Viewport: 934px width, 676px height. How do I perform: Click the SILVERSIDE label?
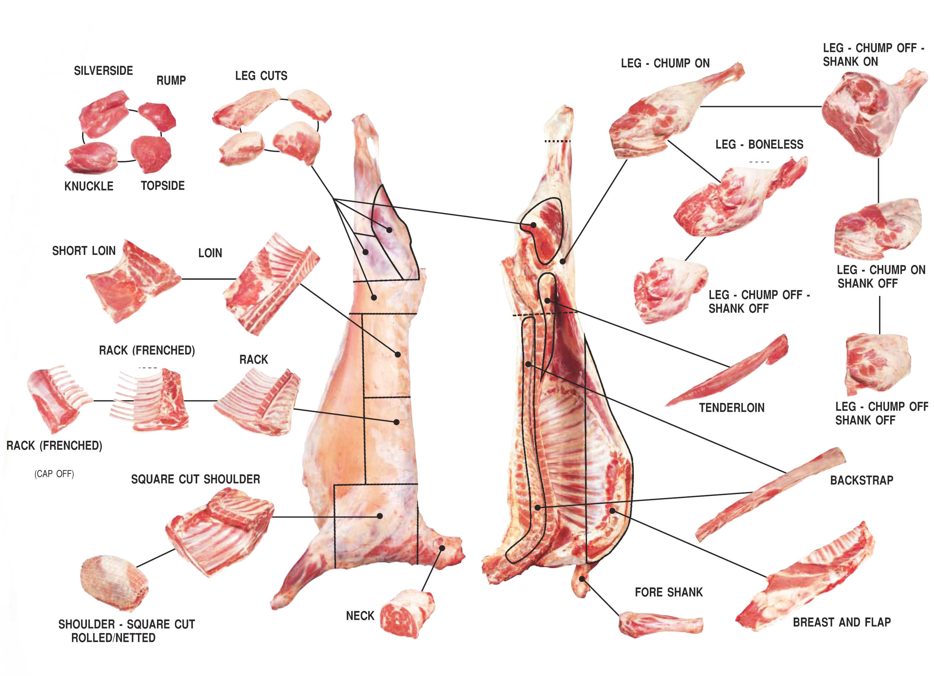click(103, 71)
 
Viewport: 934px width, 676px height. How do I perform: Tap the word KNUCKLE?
click(89, 186)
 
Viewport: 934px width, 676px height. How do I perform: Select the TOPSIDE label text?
click(163, 186)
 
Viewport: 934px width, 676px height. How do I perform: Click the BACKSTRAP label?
click(861, 480)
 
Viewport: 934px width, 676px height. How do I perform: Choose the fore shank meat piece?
click(659, 624)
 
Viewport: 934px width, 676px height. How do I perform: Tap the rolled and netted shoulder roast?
click(114, 582)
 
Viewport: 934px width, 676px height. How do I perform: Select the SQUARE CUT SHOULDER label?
click(196, 479)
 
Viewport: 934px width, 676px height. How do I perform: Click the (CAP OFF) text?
click(54, 474)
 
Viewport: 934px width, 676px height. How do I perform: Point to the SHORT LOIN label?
click(84, 251)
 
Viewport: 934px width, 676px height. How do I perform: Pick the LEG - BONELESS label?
click(759, 144)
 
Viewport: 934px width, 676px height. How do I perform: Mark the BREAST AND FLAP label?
click(842, 622)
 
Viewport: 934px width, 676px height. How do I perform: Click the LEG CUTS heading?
click(261, 76)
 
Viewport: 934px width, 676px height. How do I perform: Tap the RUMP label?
click(171, 80)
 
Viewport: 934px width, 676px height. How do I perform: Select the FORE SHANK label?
click(669, 592)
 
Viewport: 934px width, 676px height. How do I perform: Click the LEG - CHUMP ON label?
click(665, 63)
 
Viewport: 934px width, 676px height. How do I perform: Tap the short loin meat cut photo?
click(132, 282)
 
